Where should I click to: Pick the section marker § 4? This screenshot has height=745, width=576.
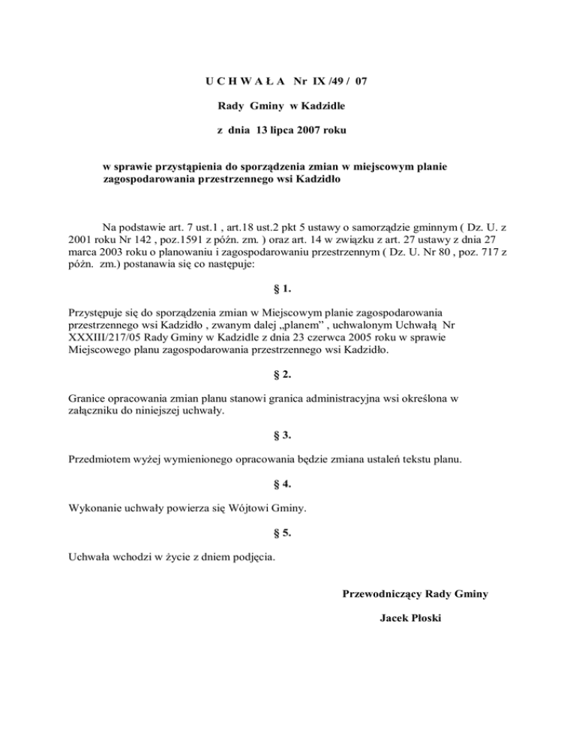click(x=287, y=483)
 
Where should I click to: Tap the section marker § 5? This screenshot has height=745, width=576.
click(x=287, y=533)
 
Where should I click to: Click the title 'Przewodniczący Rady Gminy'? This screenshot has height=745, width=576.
click(x=415, y=594)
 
